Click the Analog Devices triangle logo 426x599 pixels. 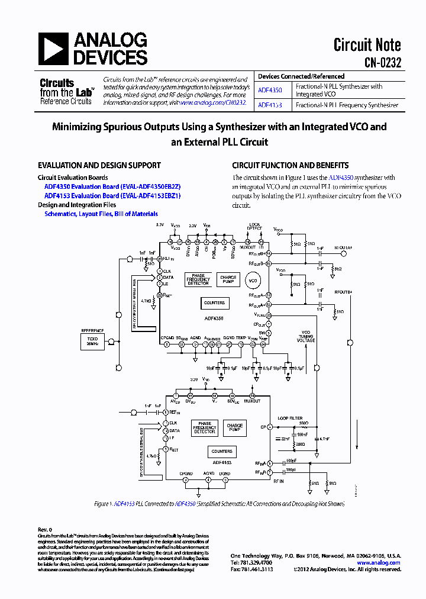click(54, 48)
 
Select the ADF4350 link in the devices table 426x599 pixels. click(270, 91)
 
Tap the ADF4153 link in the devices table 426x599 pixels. click(270, 105)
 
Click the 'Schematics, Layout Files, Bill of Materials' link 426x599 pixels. click(101, 214)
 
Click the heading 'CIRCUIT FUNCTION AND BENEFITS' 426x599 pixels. click(290, 166)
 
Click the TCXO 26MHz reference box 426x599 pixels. click(92, 340)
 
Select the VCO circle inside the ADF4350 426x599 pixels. click(253, 280)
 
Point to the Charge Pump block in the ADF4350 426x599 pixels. click(228, 279)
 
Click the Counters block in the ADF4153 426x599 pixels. click(222, 451)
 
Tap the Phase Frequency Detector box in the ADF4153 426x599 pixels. click(205, 427)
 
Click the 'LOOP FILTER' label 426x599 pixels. click(290, 418)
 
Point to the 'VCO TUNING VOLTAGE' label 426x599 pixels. click(306, 336)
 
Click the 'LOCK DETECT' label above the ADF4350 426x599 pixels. click(254, 226)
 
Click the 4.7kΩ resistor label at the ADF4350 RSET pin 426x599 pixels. click(147, 301)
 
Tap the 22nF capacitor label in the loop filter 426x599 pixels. click(285, 439)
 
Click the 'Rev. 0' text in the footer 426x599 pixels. click(45, 529)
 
